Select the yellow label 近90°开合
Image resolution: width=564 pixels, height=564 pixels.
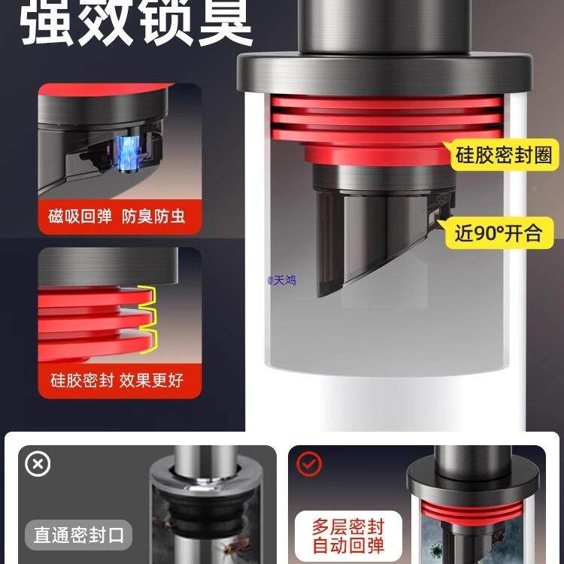[498, 233]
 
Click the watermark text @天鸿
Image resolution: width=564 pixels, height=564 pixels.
[282, 280]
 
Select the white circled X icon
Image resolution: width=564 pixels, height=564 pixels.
[38, 464]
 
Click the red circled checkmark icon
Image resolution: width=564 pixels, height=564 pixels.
[308, 464]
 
